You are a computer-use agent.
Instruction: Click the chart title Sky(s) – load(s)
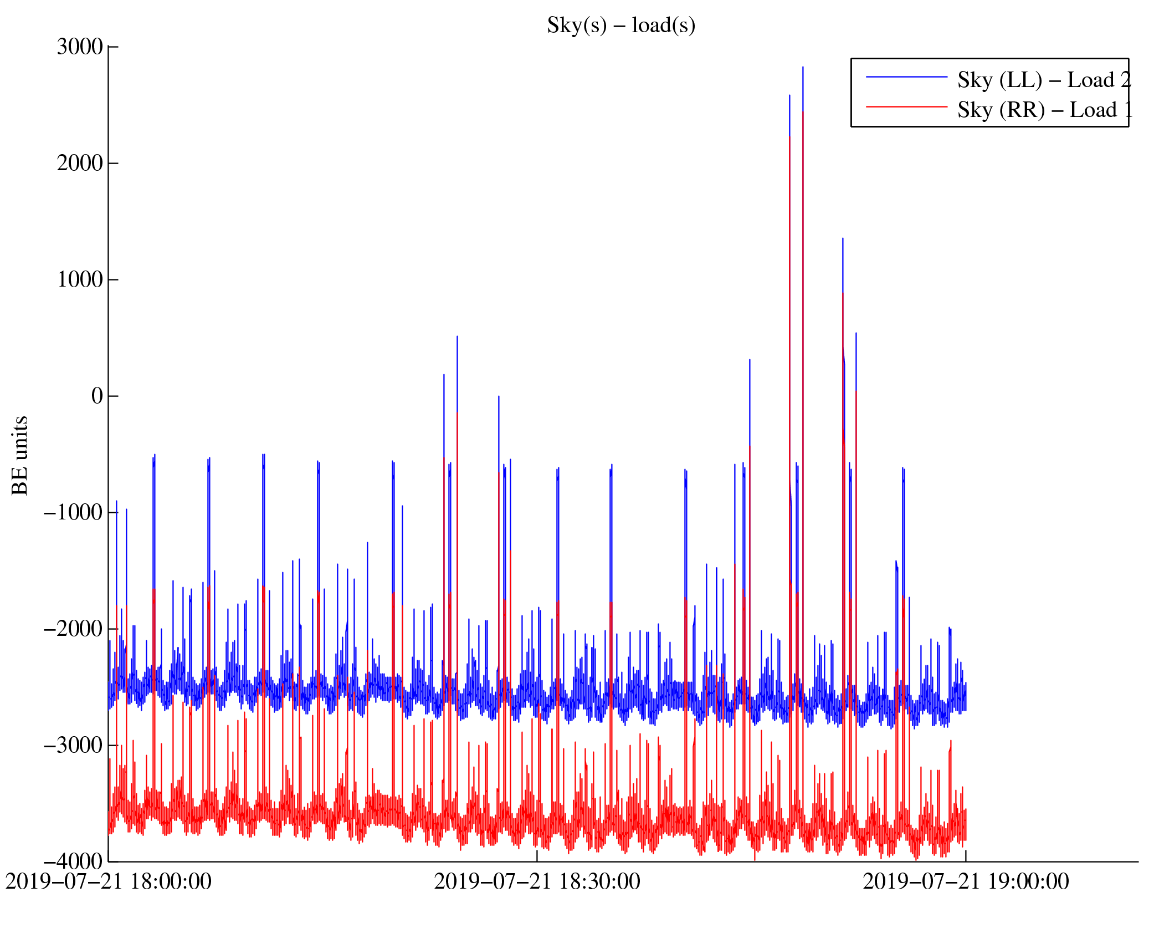[x=620, y=26]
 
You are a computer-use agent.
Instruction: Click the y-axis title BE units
[x=20, y=455]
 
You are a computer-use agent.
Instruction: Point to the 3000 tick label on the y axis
[x=80, y=47]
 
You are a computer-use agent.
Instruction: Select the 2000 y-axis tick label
[x=80, y=164]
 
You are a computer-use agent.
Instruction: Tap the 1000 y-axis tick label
[x=80, y=280]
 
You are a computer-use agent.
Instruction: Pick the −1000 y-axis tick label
[x=73, y=513]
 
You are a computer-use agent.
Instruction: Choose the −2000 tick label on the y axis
[x=73, y=629]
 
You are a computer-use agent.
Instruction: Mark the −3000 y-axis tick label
[x=73, y=746]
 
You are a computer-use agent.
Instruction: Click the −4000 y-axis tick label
[x=73, y=862]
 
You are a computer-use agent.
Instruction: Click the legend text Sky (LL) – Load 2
[x=1043, y=80]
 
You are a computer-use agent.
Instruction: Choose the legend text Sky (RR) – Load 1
[x=1044, y=110]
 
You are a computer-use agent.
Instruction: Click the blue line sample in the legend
[x=906, y=77]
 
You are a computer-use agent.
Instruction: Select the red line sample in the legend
[x=906, y=106]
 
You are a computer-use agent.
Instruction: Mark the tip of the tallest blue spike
[x=803, y=68]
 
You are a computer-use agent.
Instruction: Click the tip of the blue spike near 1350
[x=843, y=239]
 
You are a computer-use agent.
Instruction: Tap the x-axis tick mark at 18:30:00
[x=537, y=855]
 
